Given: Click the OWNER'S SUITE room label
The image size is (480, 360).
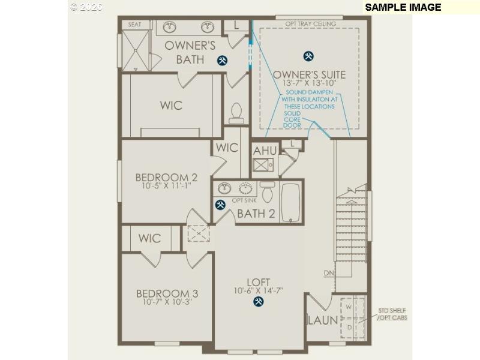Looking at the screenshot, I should click(309, 75).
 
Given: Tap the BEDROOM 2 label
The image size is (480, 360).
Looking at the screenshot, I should click(166, 178).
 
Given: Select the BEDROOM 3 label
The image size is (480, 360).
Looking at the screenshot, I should click(167, 293).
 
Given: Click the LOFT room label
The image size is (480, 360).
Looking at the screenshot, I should click(258, 282).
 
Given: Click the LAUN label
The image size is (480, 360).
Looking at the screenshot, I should click(323, 320).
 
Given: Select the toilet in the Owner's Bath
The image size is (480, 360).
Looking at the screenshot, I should click(236, 112).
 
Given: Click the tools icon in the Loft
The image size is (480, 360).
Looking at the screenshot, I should click(258, 302).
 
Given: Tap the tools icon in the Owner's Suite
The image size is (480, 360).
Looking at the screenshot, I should click(308, 56).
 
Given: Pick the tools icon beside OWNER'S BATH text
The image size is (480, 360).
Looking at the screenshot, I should click(223, 59).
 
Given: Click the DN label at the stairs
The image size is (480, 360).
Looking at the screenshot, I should click(328, 273).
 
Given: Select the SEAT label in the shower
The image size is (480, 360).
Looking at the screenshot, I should click(135, 25).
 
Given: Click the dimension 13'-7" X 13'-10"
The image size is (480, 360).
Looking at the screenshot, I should click(309, 84).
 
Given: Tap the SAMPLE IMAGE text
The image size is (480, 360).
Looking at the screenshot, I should click(403, 7).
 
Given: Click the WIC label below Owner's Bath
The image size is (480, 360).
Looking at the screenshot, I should click(171, 106).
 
